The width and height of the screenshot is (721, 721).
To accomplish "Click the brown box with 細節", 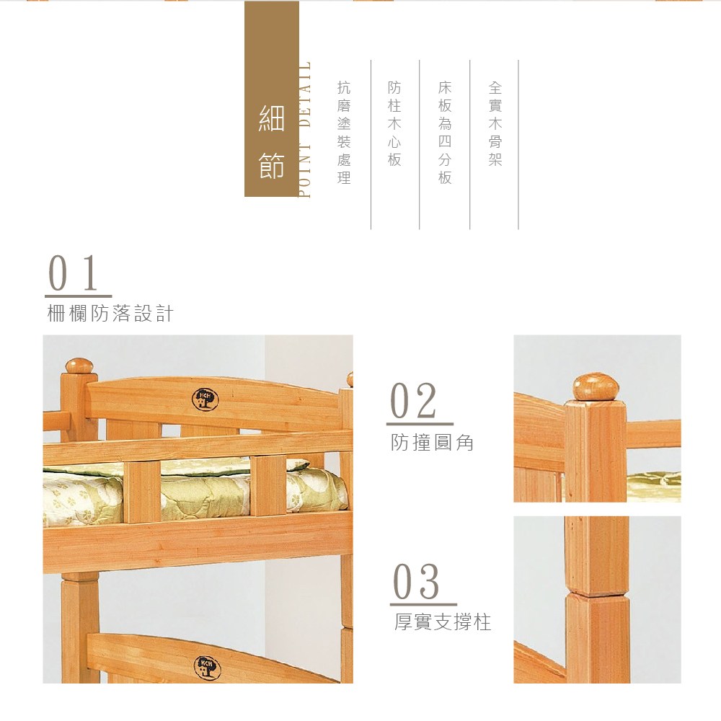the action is [271, 99].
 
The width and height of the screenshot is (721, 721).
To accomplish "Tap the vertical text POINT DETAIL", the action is [304, 129].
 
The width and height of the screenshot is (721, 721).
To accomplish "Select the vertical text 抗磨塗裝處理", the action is [344, 133].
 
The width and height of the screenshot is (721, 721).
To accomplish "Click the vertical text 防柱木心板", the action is [394, 123].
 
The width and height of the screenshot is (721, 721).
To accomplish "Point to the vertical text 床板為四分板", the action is [445, 133].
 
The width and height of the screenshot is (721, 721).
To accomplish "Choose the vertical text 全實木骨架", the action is [495, 123].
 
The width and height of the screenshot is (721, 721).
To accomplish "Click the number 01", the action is [74, 273].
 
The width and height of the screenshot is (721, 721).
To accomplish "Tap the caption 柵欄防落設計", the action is [110, 314].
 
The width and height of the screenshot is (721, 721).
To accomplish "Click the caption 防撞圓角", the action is [432, 443].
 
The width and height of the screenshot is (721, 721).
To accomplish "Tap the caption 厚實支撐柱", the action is [443, 622].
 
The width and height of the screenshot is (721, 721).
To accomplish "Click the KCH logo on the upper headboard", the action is [205, 399].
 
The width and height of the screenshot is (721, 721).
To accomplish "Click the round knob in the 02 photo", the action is [596, 386].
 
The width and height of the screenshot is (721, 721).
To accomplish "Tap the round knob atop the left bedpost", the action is [79, 366].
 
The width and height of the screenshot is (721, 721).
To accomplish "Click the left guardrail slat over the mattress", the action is [141, 492].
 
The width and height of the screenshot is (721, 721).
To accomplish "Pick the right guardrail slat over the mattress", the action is [268, 485].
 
